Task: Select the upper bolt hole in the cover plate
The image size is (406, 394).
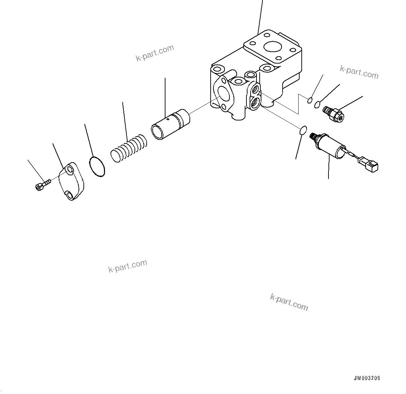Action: pos(70,170)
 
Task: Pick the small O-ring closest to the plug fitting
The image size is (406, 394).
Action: pos(317,104)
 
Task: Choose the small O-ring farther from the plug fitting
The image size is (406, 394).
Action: pos(310,101)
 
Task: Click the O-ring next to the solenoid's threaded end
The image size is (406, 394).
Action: pos(302,131)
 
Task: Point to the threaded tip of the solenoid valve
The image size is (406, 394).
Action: pos(315,137)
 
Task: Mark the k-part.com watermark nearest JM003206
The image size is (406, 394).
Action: pos(289,301)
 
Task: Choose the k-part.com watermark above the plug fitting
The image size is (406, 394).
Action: pos(359,72)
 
